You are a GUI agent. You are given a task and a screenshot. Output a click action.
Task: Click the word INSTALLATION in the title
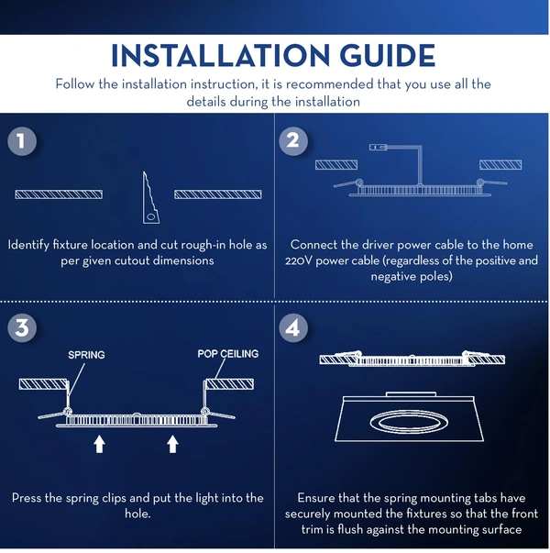click(220, 55)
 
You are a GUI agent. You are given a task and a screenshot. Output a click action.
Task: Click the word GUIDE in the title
click(388, 55)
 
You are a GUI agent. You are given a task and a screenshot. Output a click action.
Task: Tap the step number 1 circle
click(22, 141)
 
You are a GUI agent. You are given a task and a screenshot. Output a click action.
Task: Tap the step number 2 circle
click(293, 141)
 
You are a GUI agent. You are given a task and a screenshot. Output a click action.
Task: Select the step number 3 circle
click(22, 328)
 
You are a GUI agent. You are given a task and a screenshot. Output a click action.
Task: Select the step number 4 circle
click(293, 328)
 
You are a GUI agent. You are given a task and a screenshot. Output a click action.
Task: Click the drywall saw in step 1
click(150, 197)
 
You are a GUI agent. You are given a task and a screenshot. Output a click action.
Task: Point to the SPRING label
click(86, 355)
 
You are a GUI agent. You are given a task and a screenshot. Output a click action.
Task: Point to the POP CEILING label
click(227, 354)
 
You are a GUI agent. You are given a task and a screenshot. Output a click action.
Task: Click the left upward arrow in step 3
click(99, 444)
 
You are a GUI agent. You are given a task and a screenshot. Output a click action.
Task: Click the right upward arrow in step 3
click(172, 444)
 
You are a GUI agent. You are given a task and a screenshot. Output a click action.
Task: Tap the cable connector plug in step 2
click(378, 147)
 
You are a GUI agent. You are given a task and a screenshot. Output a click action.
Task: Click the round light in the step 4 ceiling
click(409, 422)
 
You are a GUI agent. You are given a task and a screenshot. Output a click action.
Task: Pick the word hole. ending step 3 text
click(137, 514)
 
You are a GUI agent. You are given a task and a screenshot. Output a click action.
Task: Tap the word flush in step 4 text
click(350, 529)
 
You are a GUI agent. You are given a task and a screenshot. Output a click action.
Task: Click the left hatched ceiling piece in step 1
click(59, 194)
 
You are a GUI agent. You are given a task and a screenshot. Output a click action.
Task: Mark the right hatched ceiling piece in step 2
click(500, 165)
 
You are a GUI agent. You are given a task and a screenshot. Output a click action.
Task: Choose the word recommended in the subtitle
click(329, 84)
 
